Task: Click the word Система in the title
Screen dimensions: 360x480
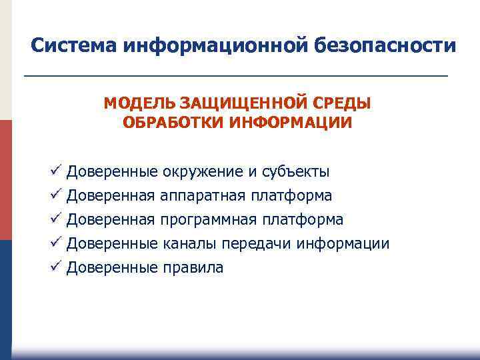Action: tap(74, 45)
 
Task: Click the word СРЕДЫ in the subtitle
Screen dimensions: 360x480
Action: tap(343, 104)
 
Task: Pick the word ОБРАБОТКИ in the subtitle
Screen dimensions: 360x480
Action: tap(166, 123)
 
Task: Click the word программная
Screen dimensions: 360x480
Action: tap(209, 220)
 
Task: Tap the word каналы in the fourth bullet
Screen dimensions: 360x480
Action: tap(187, 244)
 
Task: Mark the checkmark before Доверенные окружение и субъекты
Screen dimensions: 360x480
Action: tap(55, 171)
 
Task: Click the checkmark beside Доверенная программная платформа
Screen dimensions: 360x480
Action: tap(55, 219)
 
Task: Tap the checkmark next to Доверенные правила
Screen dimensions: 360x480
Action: tap(55, 267)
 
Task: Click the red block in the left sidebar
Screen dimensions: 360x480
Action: tap(5, 180)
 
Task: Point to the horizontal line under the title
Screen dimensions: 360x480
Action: tap(236, 77)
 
